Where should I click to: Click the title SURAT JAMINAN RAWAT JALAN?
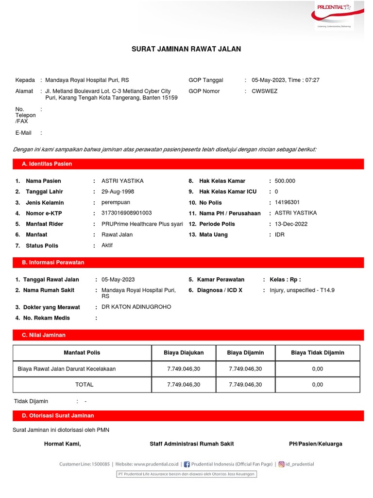point(186,49)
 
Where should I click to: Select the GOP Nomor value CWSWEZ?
point(265,91)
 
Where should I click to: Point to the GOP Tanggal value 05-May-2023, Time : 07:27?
point(286,80)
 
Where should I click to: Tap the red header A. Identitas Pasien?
point(47,164)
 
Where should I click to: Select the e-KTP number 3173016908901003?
point(126,213)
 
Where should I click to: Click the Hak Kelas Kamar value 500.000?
point(285,181)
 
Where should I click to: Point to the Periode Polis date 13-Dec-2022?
point(291,224)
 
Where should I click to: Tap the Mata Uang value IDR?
point(280,234)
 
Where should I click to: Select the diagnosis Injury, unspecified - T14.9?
point(302,290)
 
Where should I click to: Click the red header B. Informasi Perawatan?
point(53,262)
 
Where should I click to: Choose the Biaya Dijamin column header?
point(245,353)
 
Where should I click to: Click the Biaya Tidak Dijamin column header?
point(317,353)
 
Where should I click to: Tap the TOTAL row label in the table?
point(84,384)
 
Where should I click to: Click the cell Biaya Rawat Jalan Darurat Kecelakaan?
point(67,369)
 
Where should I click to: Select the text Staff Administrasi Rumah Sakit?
point(192,444)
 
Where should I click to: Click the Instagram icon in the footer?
point(281,464)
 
